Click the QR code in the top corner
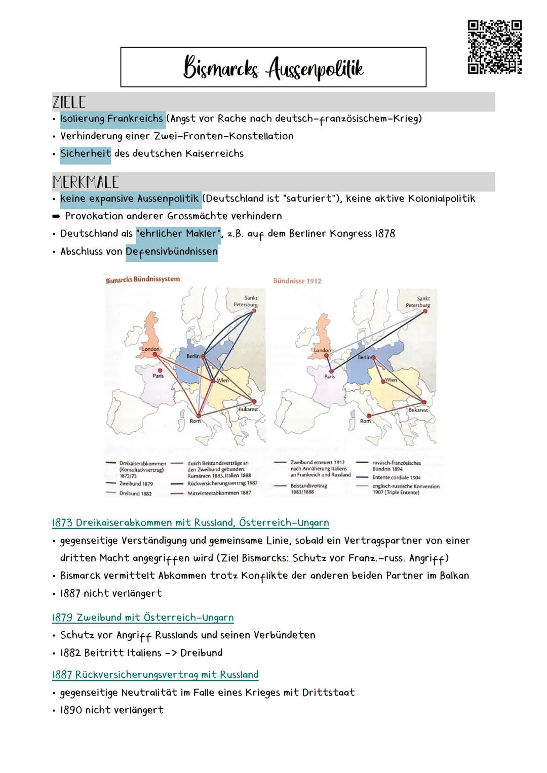coord(494,47)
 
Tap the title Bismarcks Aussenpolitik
coord(273,68)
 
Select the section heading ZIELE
coord(69,102)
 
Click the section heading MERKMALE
coord(86,182)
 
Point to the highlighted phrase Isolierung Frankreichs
coord(111,119)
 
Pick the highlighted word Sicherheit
coord(86,154)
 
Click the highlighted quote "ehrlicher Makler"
coord(178,234)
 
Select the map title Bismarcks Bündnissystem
coord(143,279)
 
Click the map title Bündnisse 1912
coord(297,281)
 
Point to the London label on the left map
coord(150,349)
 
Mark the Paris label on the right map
coord(330,377)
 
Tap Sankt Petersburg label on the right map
coord(418,302)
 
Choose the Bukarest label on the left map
coord(248,409)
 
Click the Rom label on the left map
coord(195,421)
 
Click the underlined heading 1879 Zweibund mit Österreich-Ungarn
coord(143,618)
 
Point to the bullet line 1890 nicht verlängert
coord(111,710)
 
